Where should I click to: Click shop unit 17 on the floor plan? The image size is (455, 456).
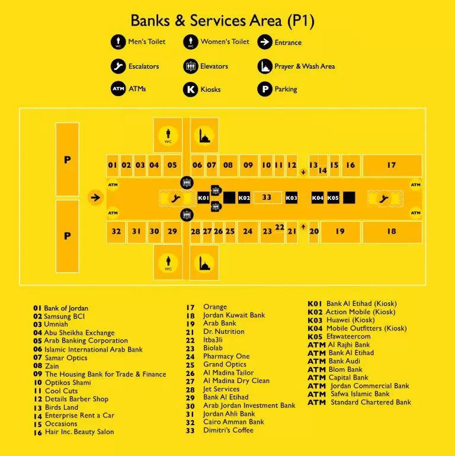[x=392, y=165]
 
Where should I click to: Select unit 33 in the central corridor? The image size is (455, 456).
[x=267, y=197]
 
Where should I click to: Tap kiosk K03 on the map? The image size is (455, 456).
[x=291, y=197]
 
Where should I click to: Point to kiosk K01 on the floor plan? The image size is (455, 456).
[x=203, y=197]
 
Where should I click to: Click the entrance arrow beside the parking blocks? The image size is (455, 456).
[x=95, y=197]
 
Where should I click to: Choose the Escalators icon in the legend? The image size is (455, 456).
[x=118, y=66]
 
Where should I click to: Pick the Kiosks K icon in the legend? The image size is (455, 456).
[x=190, y=89]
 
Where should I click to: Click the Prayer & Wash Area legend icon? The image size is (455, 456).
[x=265, y=66]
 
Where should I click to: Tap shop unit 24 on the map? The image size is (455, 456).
[x=248, y=232]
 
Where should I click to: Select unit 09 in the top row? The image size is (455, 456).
[x=248, y=165]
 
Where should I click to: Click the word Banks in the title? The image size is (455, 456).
[x=150, y=21]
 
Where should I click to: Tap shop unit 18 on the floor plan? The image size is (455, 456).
[x=392, y=232]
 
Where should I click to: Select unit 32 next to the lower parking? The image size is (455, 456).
[x=116, y=232]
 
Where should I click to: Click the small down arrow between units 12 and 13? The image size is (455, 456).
[x=303, y=172]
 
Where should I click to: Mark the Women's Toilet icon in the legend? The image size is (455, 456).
[x=190, y=42]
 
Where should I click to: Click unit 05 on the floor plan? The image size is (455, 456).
[x=172, y=165]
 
